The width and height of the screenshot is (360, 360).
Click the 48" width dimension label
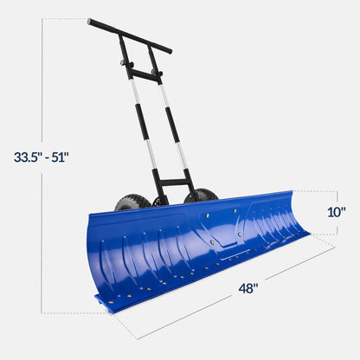(x=247, y=289)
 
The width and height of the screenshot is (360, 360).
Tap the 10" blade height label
(x=337, y=211)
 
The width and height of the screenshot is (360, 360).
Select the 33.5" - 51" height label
(x=41, y=157)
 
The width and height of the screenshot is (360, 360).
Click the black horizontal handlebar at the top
(x=129, y=35)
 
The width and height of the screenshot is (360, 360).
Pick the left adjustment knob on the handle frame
(x=123, y=63)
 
